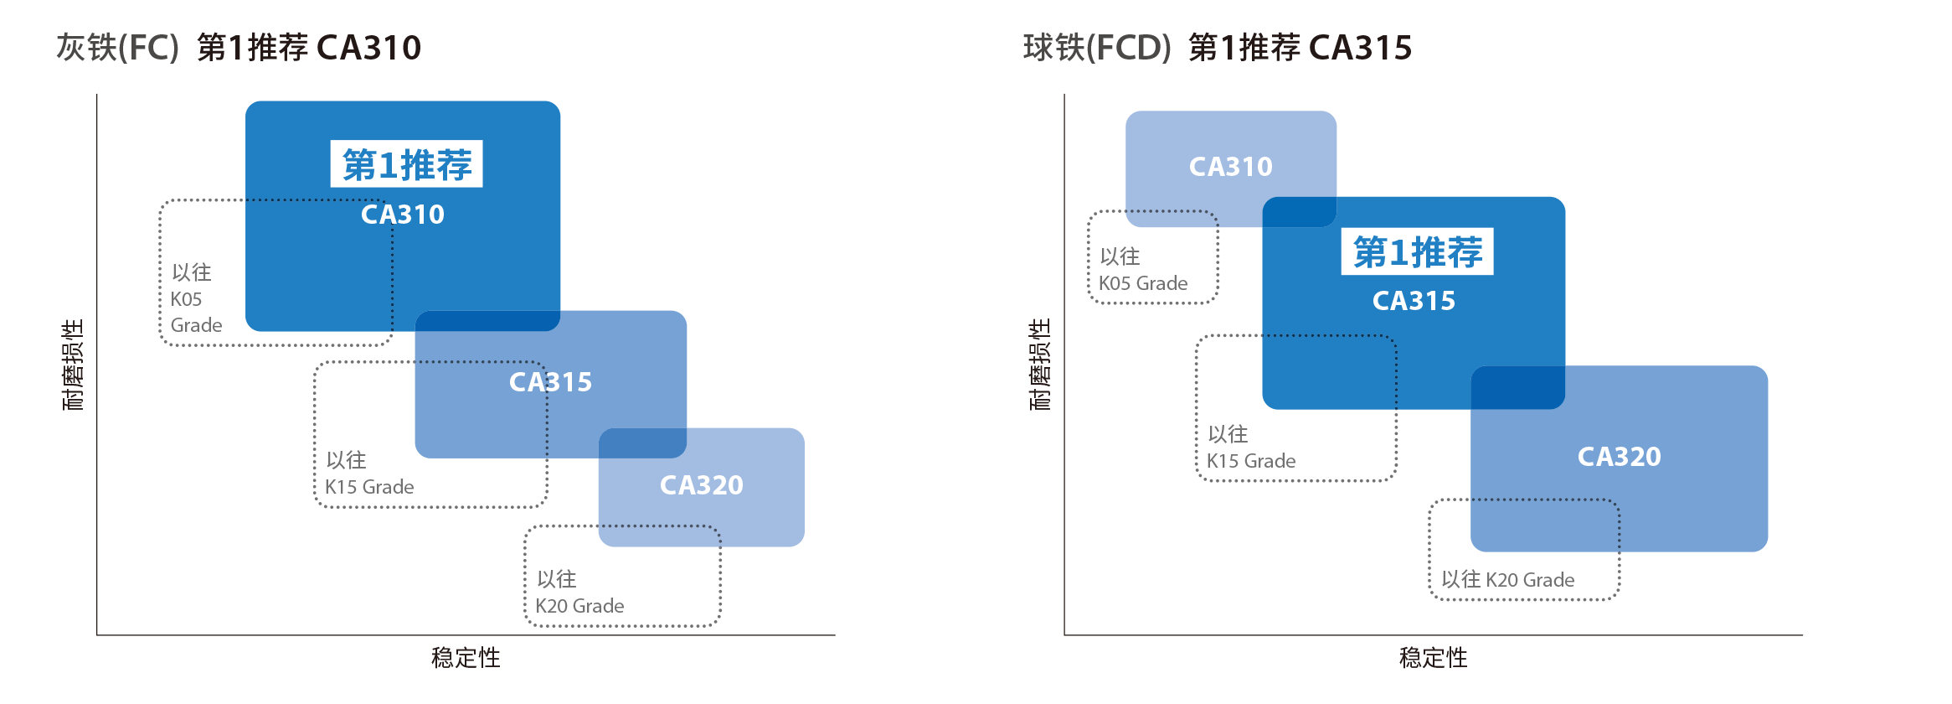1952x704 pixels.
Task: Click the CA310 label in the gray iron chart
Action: tap(403, 215)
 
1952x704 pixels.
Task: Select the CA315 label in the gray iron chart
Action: tap(550, 382)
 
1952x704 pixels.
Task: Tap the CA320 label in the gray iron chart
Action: tap(702, 485)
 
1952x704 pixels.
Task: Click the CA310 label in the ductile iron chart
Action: tap(1230, 167)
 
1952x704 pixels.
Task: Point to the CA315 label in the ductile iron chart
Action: tap(1414, 301)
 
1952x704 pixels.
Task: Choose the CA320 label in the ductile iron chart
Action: tap(1619, 457)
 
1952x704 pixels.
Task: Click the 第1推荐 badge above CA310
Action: tap(407, 164)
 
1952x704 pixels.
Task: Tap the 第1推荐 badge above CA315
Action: tap(1417, 251)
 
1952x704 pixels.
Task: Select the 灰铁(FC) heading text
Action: tap(117, 48)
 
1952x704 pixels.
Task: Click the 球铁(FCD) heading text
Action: tap(1096, 48)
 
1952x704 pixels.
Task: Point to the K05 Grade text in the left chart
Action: tap(196, 312)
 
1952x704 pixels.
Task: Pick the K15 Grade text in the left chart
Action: tap(369, 487)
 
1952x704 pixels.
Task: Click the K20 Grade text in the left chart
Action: tap(579, 606)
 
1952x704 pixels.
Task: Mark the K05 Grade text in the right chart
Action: tap(1143, 283)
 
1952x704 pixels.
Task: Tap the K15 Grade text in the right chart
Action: tap(1251, 461)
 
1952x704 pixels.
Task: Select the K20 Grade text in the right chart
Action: tap(1530, 580)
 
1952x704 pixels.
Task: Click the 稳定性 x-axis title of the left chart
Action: tap(466, 658)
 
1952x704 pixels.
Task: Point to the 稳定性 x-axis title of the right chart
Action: tap(1433, 658)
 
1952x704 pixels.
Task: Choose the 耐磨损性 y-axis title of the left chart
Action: tap(74, 365)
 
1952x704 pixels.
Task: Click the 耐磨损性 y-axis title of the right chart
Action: tap(1040, 365)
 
